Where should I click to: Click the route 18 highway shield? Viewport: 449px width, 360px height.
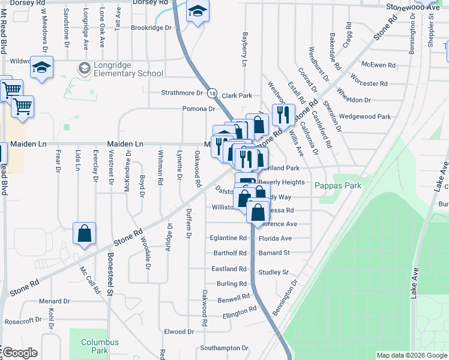pyautogui.click(x=212, y=93)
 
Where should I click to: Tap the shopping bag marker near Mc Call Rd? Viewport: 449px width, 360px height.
pyautogui.click(x=85, y=233)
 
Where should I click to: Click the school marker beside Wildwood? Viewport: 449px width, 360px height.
pyautogui.click(x=42, y=68)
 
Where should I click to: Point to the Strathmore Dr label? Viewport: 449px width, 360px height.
pyautogui.click(x=182, y=93)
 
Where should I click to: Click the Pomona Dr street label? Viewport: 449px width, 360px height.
pyautogui.click(x=199, y=109)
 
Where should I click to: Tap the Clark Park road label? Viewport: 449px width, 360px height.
pyautogui.click(x=237, y=95)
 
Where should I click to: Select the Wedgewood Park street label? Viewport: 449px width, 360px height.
pyautogui.click(x=364, y=116)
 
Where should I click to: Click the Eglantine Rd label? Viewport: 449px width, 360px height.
pyautogui.click(x=228, y=238)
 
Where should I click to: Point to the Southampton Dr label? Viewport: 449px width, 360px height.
pyautogui.click(x=224, y=348)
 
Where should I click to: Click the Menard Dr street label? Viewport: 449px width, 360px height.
pyautogui.click(x=55, y=301)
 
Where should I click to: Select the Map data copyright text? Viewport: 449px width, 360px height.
pyautogui.click(x=411, y=355)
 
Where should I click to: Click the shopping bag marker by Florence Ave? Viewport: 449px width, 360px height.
pyautogui.click(x=258, y=212)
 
